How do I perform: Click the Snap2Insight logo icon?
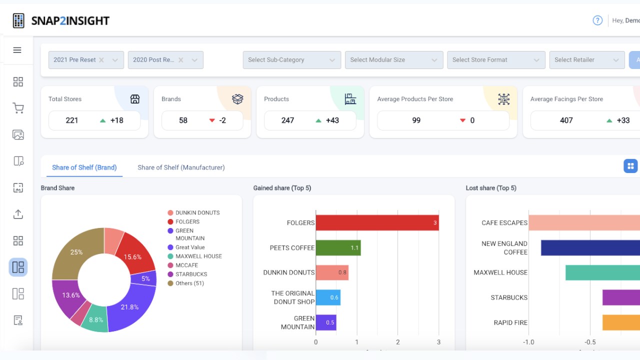(x=18, y=20)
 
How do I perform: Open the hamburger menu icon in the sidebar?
(x=17, y=50)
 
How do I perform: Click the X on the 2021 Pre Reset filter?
(x=101, y=60)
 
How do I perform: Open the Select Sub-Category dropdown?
(x=291, y=60)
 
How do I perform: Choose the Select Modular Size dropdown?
(x=394, y=60)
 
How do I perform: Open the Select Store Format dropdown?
(x=496, y=60)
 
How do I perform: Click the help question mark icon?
(x=597, y=20)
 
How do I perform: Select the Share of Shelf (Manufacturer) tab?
(x=181, y=167)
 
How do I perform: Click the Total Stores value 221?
(x=71, y=120)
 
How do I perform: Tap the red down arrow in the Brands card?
(x=212, y=120)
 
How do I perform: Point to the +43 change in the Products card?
(x=332, y=120)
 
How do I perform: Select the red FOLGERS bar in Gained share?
(x=377, y=223)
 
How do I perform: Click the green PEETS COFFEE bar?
(x=338, y=247)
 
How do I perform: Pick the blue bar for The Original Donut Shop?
(x=328, y=297)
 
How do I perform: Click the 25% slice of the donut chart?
(x=75, y=253)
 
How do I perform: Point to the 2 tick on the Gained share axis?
(x=397, y=342)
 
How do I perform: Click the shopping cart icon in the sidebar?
(x=18, y=108)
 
